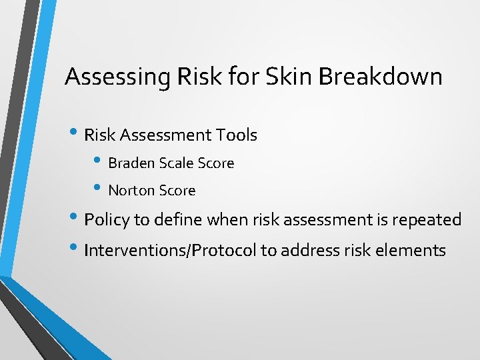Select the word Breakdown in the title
pos(380,77)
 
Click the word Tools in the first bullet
pos(236,135)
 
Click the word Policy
pos(107,220)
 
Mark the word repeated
pos(428,220)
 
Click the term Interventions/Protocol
pos(171,251)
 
